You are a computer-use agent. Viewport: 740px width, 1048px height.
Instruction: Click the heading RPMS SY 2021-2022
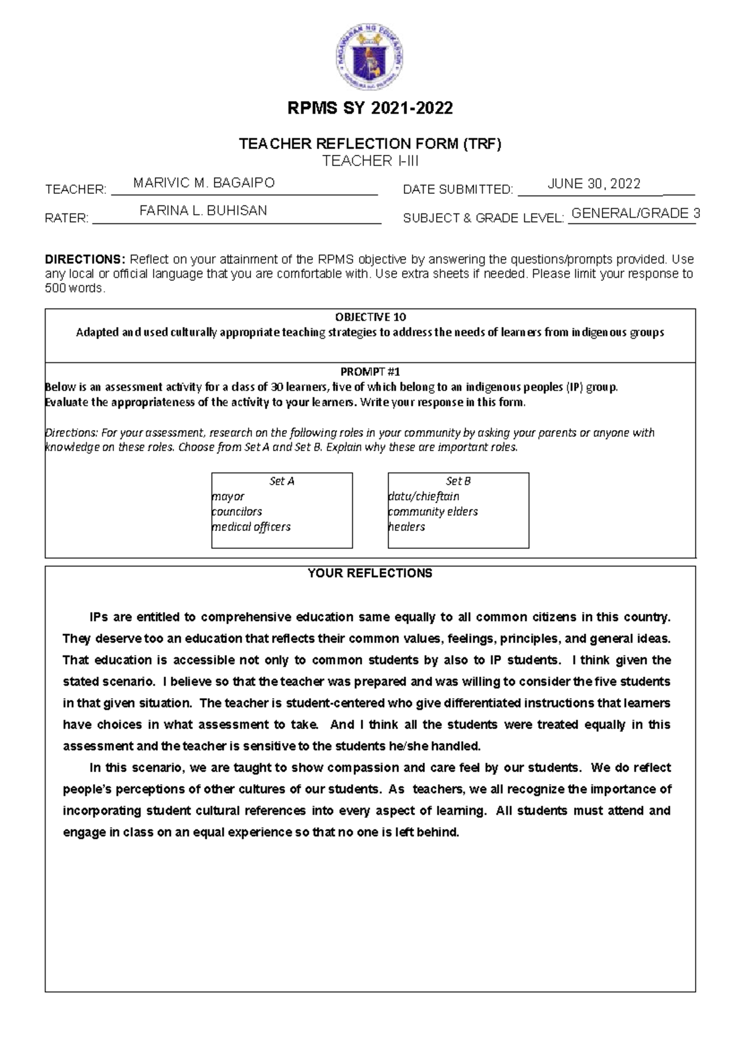tap(371, 109)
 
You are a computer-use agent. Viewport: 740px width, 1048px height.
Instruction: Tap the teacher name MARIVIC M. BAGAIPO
tap(204, 183)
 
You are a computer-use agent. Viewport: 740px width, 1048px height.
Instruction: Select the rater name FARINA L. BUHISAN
tap(203, 210)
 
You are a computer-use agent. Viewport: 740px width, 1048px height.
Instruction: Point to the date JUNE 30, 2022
tap(594, 183)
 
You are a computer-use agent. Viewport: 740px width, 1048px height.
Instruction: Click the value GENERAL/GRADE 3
tap(635, 214)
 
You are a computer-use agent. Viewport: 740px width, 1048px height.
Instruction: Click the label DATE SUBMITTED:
tap(458, 189)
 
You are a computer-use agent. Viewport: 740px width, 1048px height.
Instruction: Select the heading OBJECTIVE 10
tap(370, 317)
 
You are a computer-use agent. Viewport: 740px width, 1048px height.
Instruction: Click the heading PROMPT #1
tap(370, 372)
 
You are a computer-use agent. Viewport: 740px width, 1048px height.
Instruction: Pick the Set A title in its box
tap(282, 481)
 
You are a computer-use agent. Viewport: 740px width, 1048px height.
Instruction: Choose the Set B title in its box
tap(458, 481)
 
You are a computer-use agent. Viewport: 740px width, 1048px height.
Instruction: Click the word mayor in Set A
tap(228, 497)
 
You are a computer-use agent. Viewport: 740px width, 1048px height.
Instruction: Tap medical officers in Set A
tap(251, 527)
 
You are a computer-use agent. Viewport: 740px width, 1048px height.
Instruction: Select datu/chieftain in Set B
tap(424, 497)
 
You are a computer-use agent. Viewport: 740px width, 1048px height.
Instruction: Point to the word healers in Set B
tap(407, 527)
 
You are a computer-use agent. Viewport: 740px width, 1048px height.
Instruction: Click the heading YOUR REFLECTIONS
tap(370, 573)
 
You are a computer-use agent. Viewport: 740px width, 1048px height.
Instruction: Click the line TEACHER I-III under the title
tap(371, 161)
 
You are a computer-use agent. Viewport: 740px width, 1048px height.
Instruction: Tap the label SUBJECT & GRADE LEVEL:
tap(483, 218)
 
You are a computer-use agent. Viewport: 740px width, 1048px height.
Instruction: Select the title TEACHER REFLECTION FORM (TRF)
tap(371, 144)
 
